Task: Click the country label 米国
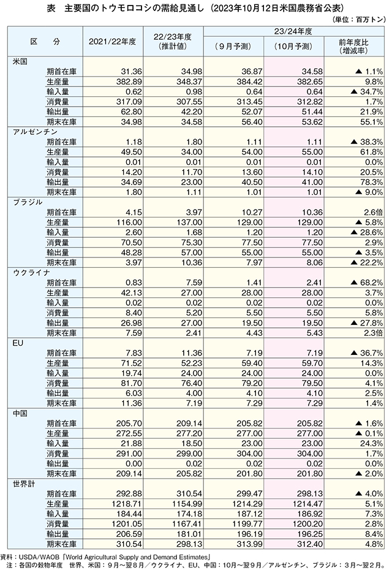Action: [x=20, y=61]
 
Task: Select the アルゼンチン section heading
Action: [x=36, y=132]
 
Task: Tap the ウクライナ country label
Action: [x=32, y=272]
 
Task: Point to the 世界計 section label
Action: [x=24, y=484]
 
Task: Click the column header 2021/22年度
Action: [x=112, y=42]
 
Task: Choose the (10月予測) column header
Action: [x=293, y=47]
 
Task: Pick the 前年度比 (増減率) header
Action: [x=353, y=47]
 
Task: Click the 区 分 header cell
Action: [x=45, y=42]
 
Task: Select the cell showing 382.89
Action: [x=129, y=82]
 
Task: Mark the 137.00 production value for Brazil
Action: [x=189, y=222]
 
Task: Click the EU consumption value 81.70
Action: [x=132, y=383]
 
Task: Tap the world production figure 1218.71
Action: [x=127, y=503]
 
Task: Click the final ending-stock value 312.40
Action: [x=310, y=544]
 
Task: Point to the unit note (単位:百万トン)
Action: [x=358, y=20]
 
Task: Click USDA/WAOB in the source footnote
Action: [x=37, y=557]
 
